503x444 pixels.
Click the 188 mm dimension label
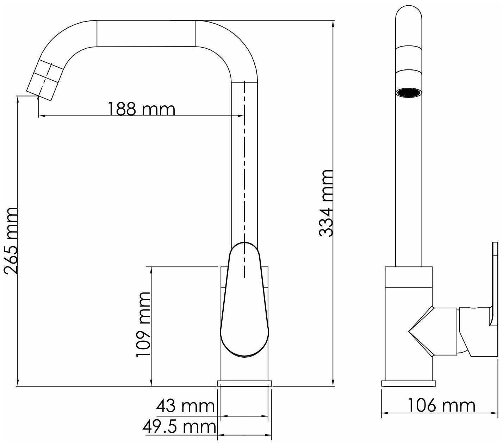click(x=142, y=109)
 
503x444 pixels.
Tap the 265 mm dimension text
click(x=11, y=241)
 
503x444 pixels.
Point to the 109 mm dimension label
click(x=143, y=324)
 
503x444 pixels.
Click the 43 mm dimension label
click(x=186, y=406)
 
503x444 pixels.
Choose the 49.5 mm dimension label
click(x=179, y=427)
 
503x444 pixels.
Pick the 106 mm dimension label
click(x=442, y=405)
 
